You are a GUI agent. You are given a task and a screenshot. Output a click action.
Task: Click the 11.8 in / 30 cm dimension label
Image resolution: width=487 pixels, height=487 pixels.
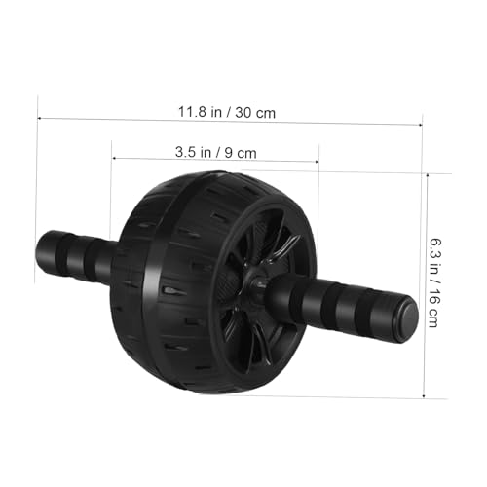(227, 112)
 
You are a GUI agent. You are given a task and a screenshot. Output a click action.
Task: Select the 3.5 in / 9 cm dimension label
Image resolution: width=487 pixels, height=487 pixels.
(216, 152)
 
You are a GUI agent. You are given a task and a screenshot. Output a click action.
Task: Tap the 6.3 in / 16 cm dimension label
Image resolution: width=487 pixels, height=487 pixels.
(435, 282)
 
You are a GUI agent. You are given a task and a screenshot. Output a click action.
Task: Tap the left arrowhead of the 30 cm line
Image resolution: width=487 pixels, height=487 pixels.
(39, 118)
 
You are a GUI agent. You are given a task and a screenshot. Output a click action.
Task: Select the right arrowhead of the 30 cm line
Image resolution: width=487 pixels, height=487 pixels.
(420, 125)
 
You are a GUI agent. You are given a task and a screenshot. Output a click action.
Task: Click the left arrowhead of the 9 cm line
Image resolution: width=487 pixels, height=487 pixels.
(114, 158)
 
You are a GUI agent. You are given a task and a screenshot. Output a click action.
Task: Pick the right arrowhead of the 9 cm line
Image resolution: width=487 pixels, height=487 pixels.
(317, 162)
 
